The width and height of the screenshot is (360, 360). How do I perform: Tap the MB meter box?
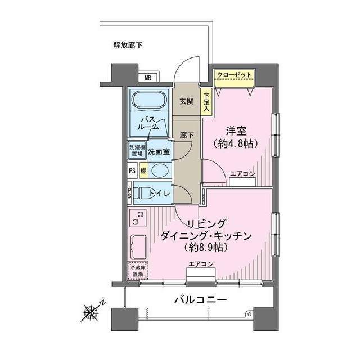148,78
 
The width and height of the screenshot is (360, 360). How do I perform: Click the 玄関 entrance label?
186,101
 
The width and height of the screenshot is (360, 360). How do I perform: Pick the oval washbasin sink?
160,171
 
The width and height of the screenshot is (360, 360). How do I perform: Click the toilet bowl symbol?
145,194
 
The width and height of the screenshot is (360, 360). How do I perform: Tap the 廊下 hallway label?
186,135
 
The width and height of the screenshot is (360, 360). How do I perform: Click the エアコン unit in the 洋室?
242,180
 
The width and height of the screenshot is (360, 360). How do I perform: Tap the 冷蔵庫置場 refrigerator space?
137,271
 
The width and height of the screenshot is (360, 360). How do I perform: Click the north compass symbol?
91,309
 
